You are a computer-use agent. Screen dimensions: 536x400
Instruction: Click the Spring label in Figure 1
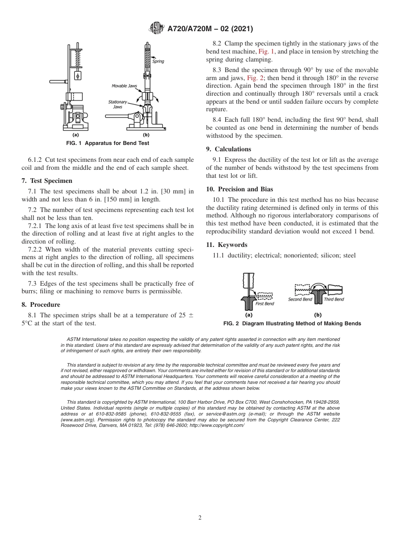(x=158, y=62)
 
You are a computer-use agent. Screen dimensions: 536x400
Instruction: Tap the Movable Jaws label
(x=124, y=86)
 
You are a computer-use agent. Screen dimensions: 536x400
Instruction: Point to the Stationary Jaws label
(x=117, y=104)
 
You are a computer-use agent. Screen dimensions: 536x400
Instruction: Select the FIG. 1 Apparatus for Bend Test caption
(x=108, y=143)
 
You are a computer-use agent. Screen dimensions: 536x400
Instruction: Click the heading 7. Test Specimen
(x=47, y=181)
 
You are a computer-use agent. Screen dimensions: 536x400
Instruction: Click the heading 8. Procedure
(x=41, y=305)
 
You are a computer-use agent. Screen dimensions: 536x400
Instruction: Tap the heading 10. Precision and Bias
(x=239, y=189)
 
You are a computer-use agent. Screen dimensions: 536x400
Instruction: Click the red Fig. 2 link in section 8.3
(x=255, y=78)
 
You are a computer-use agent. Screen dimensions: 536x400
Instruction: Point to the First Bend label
(x=265, y=304)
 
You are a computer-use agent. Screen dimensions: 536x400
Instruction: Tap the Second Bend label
(x=300, y=300)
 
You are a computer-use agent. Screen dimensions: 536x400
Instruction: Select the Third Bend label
(x=334, y=300)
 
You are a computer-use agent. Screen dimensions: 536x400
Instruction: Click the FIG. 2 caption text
(x=292, y=324)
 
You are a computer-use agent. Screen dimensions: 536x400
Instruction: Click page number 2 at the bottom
(x=200, y=518)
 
